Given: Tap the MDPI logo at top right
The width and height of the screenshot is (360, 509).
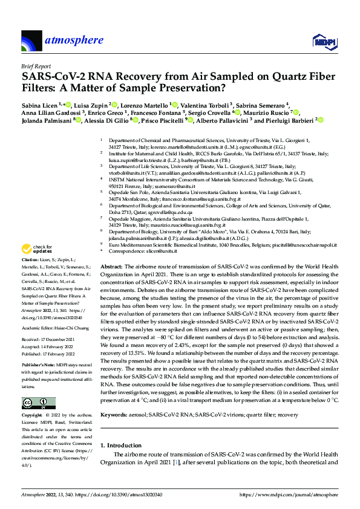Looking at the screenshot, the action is (322, 41).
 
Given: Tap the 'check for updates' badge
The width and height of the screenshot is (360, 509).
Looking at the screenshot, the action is (36, 249).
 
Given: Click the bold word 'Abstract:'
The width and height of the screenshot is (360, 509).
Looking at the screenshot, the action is (111, 267).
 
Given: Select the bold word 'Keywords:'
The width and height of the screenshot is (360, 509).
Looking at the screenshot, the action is (114, 415).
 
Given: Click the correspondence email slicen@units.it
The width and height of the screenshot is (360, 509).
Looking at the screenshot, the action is (160, 250).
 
